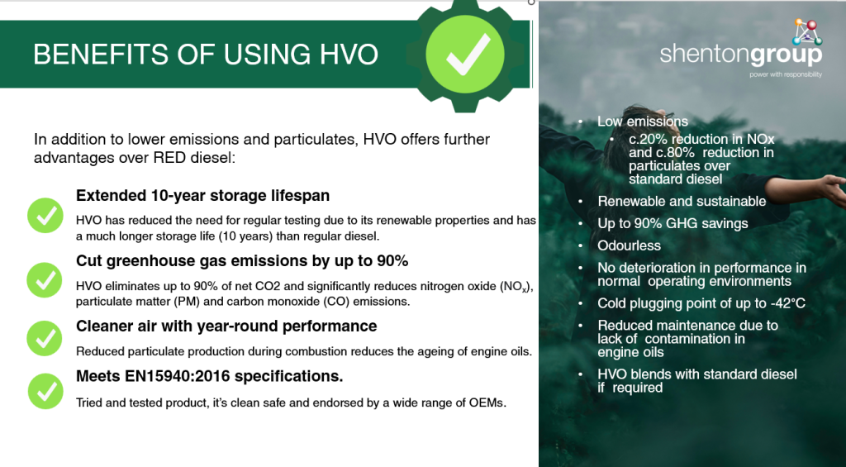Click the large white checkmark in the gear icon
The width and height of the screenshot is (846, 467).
(x=468, y=55)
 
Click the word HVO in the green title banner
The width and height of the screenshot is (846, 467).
(x=349, y=54)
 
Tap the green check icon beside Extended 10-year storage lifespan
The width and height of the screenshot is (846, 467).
(x=45, y=216)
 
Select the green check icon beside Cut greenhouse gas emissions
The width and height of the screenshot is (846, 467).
(x=45, y=279)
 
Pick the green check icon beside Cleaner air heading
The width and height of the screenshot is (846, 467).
(x=45, y=339)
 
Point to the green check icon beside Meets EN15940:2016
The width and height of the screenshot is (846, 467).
(x=45, y=391)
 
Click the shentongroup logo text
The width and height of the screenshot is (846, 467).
(x=741, y=55)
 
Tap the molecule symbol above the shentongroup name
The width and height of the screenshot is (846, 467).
(x=806, y=32)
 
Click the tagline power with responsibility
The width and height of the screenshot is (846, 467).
(x=786, y=74)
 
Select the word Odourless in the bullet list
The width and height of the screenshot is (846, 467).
(x=629, y=245)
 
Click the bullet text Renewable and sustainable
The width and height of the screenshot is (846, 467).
(x=682, y=202)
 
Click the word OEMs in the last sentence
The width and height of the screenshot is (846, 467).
(x=487, y=403)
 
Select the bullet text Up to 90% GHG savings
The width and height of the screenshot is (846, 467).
(x=673, y=223)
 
